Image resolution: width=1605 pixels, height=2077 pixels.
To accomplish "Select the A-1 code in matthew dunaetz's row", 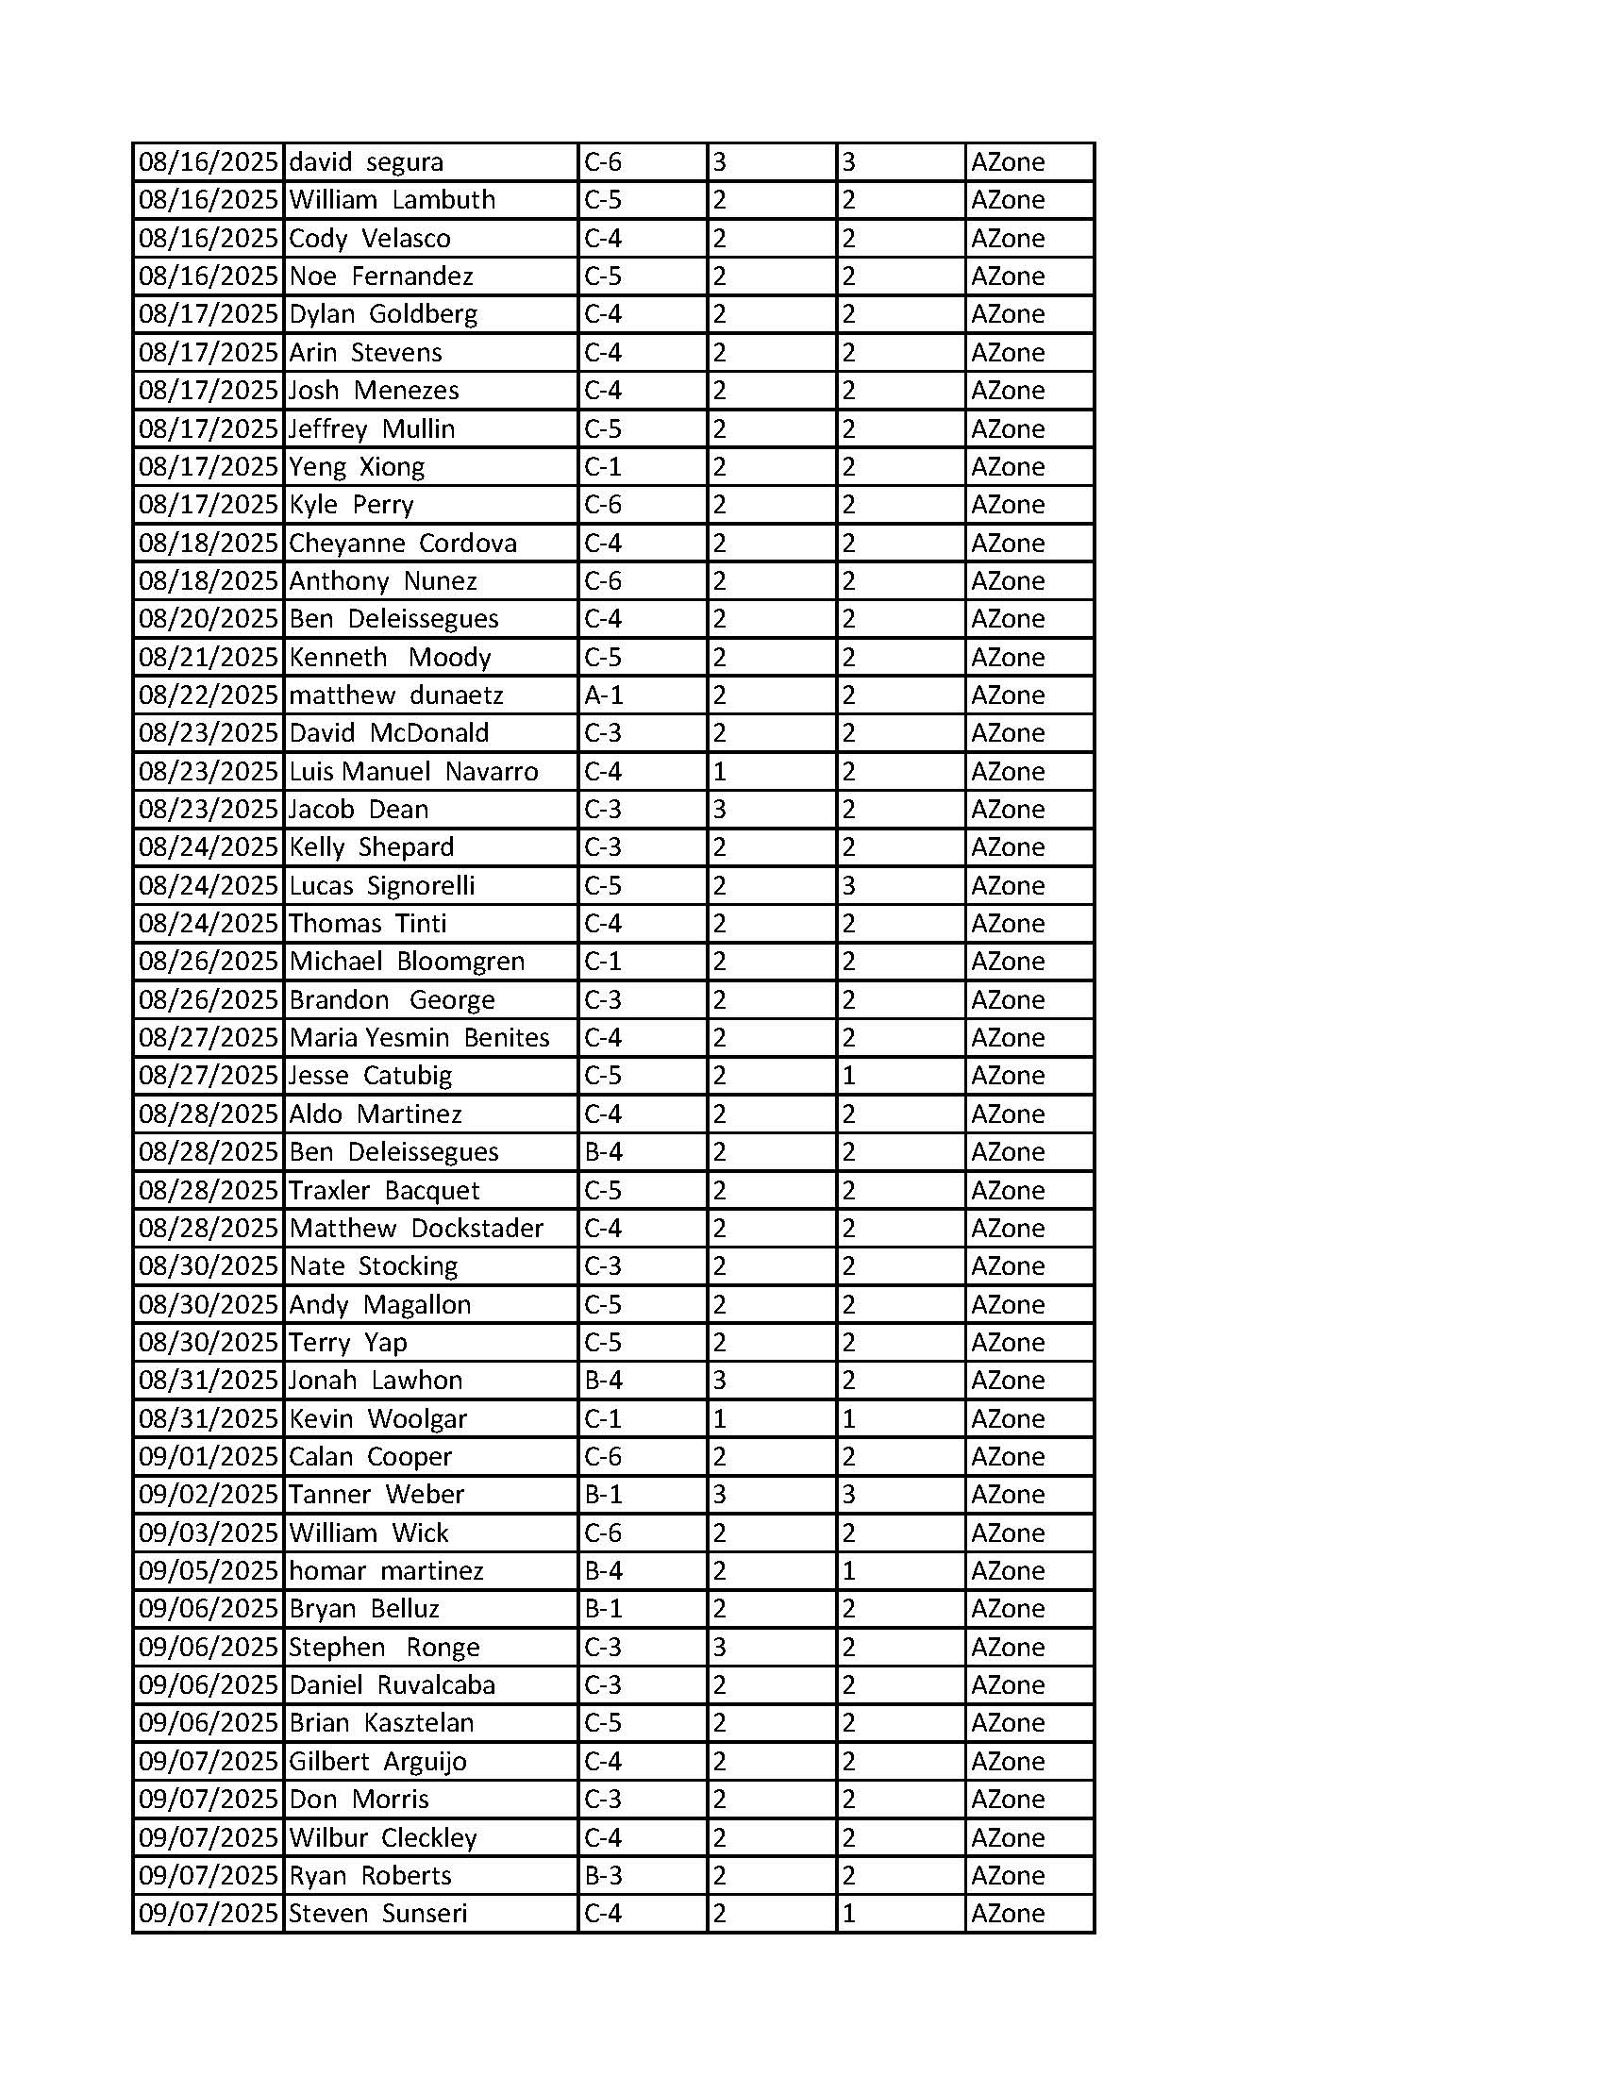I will click(603, 695).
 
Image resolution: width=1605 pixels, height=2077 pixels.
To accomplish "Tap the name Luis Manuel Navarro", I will click(413, 771).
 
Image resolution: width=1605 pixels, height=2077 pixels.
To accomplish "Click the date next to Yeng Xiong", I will click(209, 467).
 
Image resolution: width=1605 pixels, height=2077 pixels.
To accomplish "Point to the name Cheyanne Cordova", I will click(403, 543).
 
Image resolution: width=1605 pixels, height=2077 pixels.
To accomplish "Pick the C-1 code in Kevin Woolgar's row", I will click(603, 1419).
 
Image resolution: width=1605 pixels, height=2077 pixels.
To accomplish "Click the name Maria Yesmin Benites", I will click(419, 1037).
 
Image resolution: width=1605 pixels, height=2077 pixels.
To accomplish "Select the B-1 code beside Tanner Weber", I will click(603, 1495).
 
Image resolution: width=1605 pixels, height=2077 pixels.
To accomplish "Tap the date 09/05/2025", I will click(209, 1571).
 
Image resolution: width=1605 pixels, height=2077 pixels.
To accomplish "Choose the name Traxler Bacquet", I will click(384, 1191).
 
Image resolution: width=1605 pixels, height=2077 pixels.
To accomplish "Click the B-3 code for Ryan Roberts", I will click(603, 1875).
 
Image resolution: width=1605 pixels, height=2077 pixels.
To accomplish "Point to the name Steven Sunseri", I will click(377, 1914).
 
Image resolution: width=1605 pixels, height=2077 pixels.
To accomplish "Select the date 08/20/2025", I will click(209, 619).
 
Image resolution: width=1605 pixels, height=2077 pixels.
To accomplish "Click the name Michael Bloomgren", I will click(407, 962).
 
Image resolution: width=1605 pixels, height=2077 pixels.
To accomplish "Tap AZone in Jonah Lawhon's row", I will click(1008, 1381).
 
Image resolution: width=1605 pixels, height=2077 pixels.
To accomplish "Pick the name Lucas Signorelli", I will click(382, 885).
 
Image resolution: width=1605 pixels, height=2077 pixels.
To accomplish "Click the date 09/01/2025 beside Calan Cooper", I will click(209, 1457).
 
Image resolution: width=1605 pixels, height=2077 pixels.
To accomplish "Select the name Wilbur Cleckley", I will click(382, 1837).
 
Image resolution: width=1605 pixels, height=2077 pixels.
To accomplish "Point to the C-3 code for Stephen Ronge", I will click(603, 1647).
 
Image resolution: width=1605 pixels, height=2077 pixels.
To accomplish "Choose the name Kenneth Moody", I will click(390, 657).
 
